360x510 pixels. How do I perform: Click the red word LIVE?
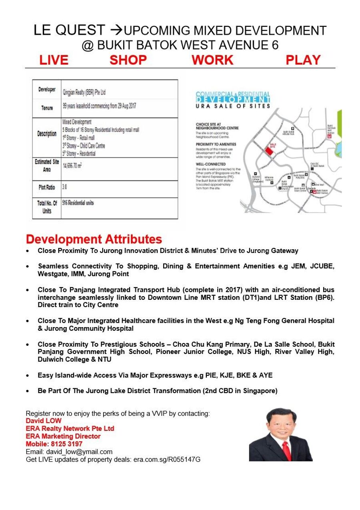(54, 60)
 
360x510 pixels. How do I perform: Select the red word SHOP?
(128, 60)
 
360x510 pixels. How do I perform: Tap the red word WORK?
(212, 60)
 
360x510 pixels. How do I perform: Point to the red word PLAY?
(303, 60)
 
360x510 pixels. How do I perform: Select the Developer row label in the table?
(47, 89)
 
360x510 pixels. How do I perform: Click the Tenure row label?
(47, 108)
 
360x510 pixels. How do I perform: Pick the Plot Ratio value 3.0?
(65, 187)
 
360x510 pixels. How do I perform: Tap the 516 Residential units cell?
(78, 203)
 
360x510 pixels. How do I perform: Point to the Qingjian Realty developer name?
(84, 92)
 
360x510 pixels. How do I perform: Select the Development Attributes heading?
(94, 239)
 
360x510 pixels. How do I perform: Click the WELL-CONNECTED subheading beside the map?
(211, 164)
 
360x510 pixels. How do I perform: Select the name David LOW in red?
(44, 421)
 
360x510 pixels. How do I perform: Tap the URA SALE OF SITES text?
(233, 106)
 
